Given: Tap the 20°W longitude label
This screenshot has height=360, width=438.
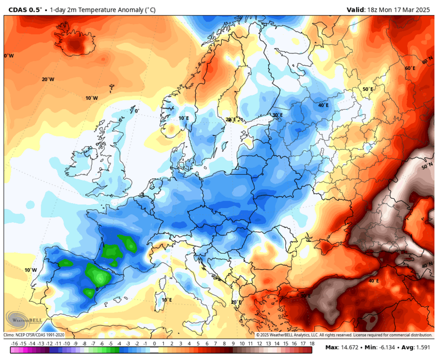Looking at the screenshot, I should click(48, 80).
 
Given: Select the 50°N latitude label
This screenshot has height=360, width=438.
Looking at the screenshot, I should click(427, 167).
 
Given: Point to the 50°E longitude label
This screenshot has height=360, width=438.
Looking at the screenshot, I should click(368, 89).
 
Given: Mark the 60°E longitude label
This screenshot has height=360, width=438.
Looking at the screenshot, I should click(409, 68).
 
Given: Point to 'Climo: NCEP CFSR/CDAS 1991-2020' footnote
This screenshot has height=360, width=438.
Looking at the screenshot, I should click(34, 335).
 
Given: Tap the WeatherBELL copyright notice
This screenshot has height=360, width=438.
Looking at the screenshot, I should click(344, 335).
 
